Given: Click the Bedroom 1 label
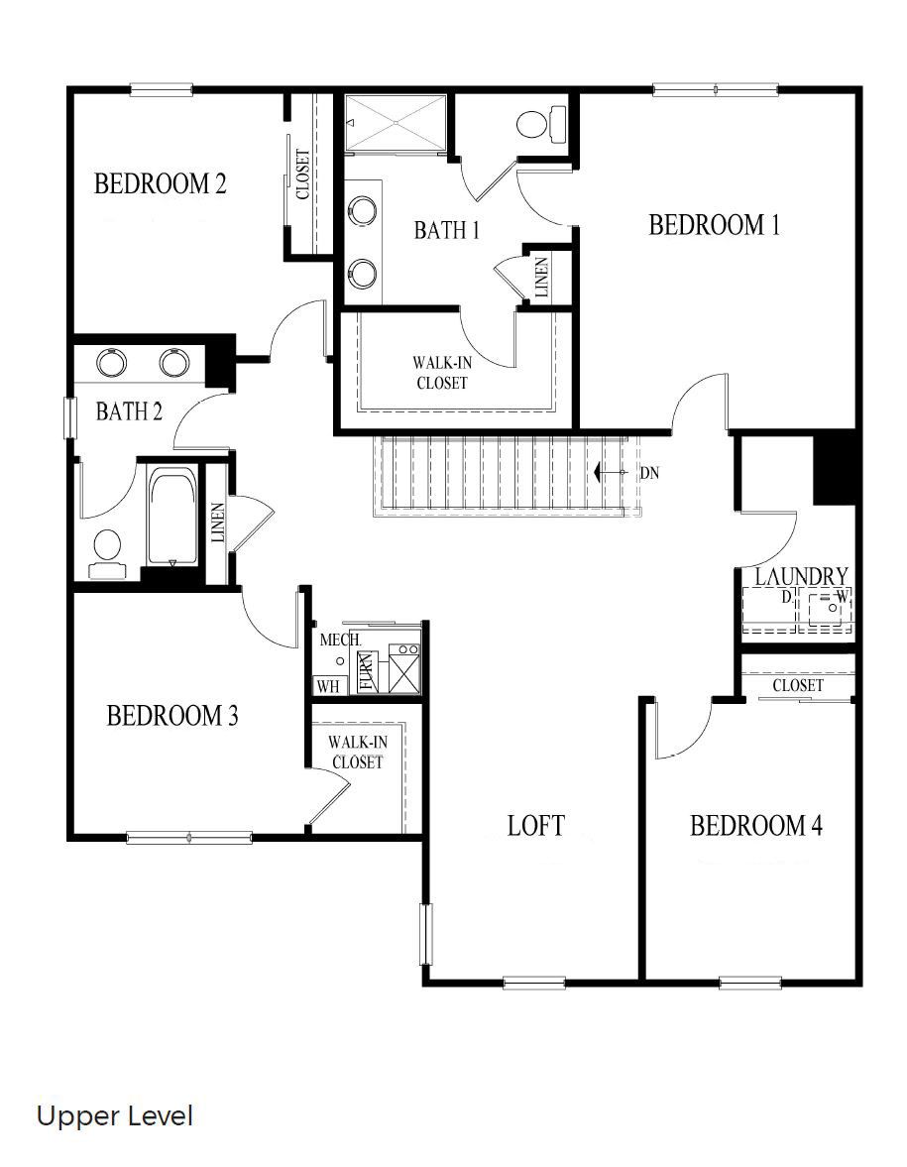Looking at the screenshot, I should pos(714,225).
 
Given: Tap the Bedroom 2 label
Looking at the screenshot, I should pos(161,183).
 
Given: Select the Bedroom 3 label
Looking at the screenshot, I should pos(172,715).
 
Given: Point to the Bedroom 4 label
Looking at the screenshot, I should pos(755,825).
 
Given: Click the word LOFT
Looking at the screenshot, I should pos(535,825).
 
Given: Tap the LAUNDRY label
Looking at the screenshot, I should pos(801,576).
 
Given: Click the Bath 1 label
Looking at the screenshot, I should pos(446,230).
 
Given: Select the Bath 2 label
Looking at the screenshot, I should pos(129,411).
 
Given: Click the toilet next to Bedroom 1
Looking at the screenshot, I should pos(540,125).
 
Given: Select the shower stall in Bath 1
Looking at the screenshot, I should pos(396,122).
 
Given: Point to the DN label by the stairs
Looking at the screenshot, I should pos(649,473).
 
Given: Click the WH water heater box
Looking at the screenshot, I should pos(326,685).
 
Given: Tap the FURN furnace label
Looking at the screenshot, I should pos(366,672).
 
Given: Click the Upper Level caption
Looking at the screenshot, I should pos(114,1116).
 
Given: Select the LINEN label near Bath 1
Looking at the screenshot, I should pos(541,279).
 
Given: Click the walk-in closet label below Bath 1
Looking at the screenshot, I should pos(441,373).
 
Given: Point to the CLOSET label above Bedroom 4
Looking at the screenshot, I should pos(797,685).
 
